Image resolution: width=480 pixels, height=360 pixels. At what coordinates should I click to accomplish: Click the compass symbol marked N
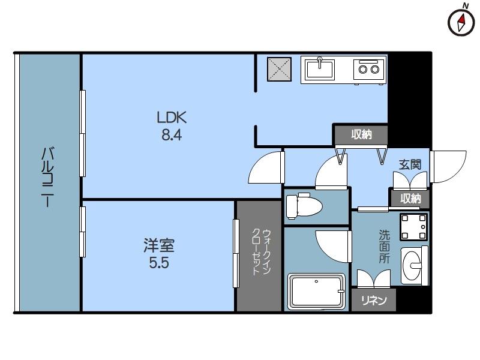click(x=461, y=22)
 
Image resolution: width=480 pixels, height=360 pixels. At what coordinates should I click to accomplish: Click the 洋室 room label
click(x=159, y=245)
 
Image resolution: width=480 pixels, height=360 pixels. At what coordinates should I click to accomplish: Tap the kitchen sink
click(x=320, y=69)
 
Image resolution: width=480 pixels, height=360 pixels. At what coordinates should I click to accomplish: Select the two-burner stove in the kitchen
click(x=368, y=69)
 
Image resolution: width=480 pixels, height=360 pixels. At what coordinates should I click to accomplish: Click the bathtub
click(x=316, y=292)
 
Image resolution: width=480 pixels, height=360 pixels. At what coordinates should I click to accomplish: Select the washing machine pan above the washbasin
click(x=413, y=226)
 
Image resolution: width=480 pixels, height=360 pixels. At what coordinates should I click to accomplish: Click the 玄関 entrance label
click(x=410, y=164)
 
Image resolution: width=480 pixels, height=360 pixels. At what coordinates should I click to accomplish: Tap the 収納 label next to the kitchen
click(x=361, y=134)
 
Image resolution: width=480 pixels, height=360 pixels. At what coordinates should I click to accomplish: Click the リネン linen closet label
click(x=374, y=300)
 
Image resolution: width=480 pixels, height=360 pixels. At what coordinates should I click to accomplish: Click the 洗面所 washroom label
click(x=384, y=247)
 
